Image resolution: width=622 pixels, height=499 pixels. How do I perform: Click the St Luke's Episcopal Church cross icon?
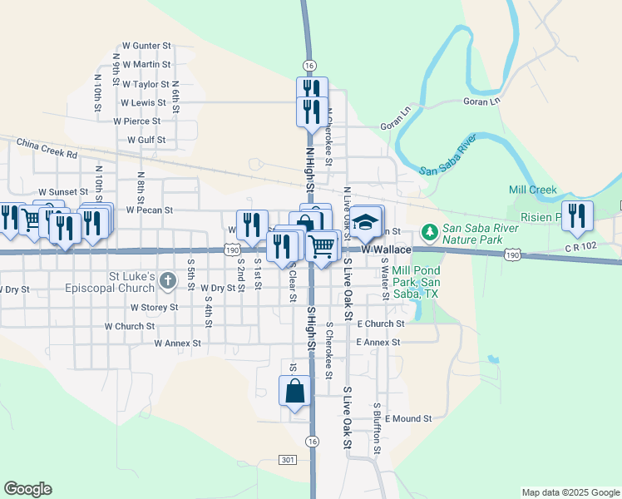pos(167,280)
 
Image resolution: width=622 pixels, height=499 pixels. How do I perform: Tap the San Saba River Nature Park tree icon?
pos(430,230)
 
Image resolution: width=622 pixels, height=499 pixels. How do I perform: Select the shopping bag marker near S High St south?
pos(295,392)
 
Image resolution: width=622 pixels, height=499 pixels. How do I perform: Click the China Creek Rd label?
pos(46,153)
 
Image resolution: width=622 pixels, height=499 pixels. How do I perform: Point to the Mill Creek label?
pos(536,190)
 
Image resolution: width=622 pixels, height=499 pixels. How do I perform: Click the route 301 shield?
pos(288,460)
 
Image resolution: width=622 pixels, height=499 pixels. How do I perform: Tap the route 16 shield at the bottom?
pos(311,441)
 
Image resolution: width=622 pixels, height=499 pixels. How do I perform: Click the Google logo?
pos(27,489)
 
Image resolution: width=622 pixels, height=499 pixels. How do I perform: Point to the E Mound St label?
pos(408,419)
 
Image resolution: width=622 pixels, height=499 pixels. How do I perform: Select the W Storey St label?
pos(154,307)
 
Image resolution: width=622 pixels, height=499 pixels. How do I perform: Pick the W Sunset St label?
pos(57,191)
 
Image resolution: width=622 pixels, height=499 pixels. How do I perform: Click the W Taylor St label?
pos(146,84)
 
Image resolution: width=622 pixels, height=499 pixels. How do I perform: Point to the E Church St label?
pos(380,324)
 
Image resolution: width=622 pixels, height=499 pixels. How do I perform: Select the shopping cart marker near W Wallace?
pos(321,245)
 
